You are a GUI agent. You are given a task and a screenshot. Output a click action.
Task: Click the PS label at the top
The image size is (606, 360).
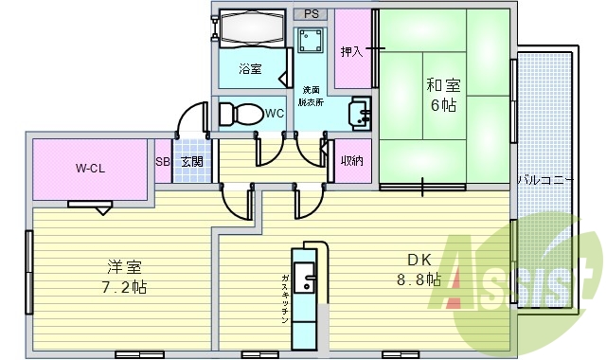(x=310, y=14)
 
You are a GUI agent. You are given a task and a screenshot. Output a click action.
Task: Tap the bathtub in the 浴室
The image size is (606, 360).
(x=251, y=28)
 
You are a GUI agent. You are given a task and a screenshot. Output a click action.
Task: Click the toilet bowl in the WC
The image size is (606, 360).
(x=240, y=114)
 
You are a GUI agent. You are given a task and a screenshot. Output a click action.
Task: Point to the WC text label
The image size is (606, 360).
(x=274, y=114)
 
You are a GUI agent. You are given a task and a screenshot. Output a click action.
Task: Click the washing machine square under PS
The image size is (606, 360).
(x=310, y=41)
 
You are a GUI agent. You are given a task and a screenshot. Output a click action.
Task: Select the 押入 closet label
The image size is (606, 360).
(x=352, y=51)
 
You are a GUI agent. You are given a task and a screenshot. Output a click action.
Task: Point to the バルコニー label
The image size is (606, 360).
(x=544, y=178)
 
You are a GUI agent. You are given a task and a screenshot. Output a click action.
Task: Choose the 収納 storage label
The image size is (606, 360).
(x=352, y=162)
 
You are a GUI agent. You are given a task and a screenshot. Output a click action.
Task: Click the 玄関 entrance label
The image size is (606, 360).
(x=191, y=162)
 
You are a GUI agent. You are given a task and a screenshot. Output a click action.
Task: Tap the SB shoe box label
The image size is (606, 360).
(x=162, y=162)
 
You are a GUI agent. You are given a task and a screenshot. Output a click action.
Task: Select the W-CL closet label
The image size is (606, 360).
(x=90, y=170)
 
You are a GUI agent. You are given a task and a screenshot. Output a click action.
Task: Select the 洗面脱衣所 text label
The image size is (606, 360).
(x=310, y=96)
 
